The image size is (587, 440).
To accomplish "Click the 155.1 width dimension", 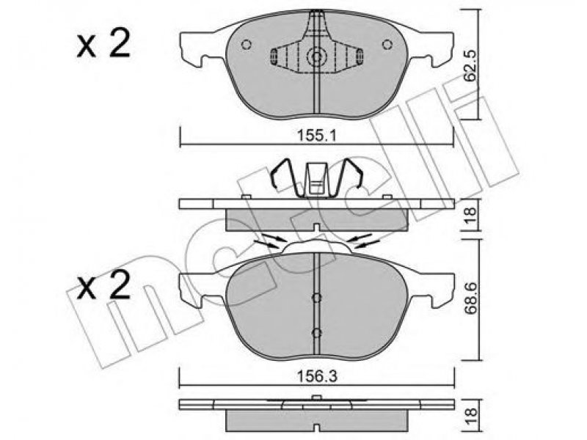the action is [316, 136].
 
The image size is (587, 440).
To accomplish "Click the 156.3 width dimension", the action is [317, 376].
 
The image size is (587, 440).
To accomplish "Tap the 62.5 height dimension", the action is [470, 65].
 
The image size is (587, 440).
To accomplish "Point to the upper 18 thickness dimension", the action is [470, 215].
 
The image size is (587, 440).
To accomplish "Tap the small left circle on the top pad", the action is [246, 45].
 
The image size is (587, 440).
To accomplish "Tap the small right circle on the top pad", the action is [387, 45].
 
